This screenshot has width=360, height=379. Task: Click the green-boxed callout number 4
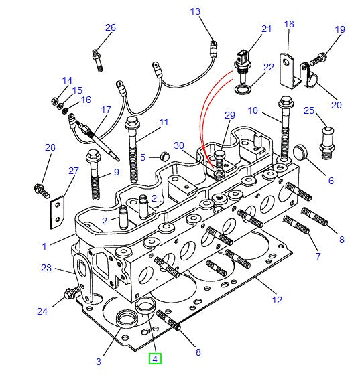pos(155,359)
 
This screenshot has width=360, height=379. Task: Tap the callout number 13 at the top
pos(195,12)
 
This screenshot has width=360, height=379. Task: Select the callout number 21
pos(267,29)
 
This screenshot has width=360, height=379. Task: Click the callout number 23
pos(46,269)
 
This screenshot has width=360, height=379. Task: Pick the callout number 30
pos(179,145)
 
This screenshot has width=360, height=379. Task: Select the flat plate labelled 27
pos(58,211)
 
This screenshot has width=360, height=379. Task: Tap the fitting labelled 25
pos(326,141)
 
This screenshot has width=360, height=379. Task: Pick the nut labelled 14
pos(54,102)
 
